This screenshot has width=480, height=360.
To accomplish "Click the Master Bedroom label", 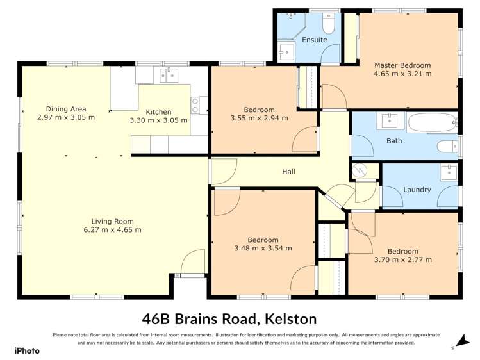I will (402, 65).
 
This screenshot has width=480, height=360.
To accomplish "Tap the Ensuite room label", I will (314, 40).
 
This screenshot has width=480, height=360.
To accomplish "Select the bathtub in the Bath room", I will (433, 122).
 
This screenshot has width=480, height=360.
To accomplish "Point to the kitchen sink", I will (169, 76).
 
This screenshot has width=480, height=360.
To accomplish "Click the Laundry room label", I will (417, 190).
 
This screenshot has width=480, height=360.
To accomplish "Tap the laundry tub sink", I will (449, 172).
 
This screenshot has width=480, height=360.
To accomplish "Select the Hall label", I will (288, 172).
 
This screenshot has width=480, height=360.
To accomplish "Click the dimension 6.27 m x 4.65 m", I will (112, 229).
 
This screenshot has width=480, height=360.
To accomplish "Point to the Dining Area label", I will (65, 109).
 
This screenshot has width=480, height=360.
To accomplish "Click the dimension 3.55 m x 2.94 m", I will (259, 118).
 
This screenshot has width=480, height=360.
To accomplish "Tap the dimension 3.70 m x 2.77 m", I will (402, 259).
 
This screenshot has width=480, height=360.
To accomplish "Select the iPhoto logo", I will (27, 350).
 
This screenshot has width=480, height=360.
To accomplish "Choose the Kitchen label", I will (158, 111).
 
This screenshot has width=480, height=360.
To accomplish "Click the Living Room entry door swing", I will (191, 263).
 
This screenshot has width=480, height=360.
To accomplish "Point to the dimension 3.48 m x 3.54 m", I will (263, 248).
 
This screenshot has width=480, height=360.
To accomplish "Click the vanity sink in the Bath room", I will (389, 120).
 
